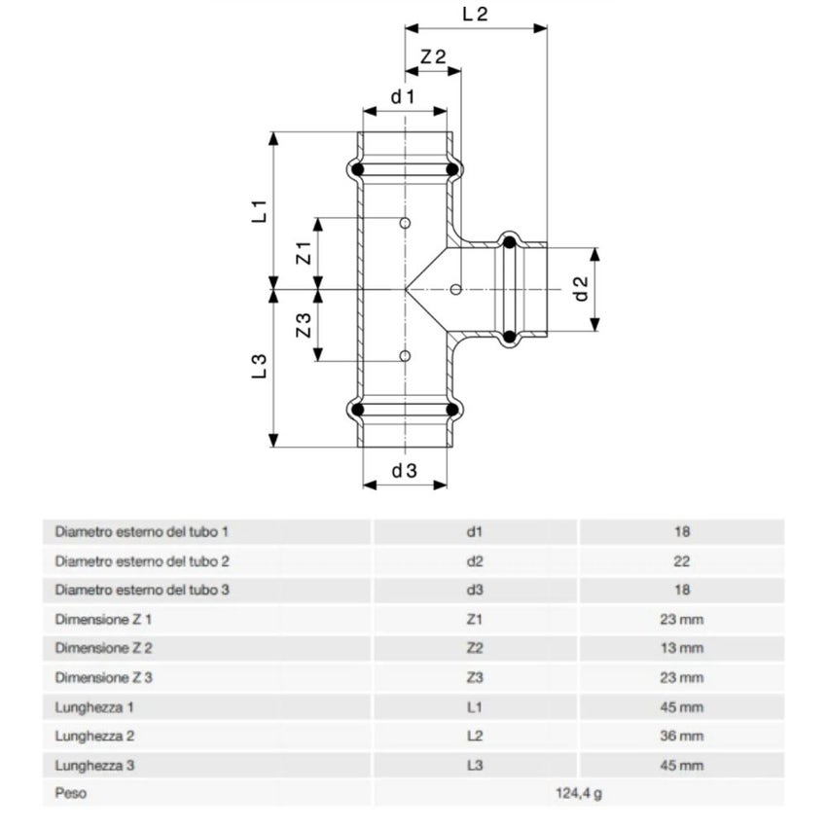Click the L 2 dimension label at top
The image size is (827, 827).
pyautogui.click(x=475, y=14)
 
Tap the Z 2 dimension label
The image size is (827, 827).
pyautogui.click(x=433, y=56)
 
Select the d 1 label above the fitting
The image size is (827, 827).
pyautogui.click(x=404, y=96)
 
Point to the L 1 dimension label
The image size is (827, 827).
pyautogui.click(x=259, y=211)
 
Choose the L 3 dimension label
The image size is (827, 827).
pyautogui.click(x=259, y=367)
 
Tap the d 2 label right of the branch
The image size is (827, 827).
pyautogui.click(x=581, y=289)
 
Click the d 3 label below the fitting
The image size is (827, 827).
pyautogui.click(x=405, y=471)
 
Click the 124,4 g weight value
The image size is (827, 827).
pyautogui.click(x=579, y=793)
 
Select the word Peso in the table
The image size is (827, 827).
pyautogui.click(x=71, y=793)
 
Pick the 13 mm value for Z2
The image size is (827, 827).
pyautogui.click(x=681, y=648)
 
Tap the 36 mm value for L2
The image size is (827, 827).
pyautogui.click(x=681, y=736)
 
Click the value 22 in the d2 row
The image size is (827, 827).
pyautogui.click(x=681, y=561)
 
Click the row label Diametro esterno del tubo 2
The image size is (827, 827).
pyautogui.click(x=142, y=561)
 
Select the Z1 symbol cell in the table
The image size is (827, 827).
pyautogui.click(x=475, y=619)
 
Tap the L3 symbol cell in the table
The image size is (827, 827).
pyautogui.click(x=475, y=765)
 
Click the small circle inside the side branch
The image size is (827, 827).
pyautogui.click(x=456, y=289)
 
